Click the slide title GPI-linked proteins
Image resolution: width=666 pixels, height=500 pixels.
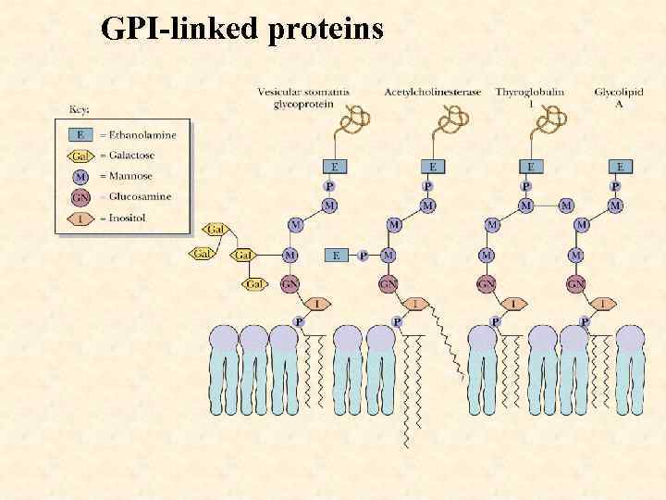point(242,29)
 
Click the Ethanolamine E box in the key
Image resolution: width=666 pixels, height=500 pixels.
point(81,134)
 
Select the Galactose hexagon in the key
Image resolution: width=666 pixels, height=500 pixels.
point(81,155)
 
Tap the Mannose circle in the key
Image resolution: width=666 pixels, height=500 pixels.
point(81,175)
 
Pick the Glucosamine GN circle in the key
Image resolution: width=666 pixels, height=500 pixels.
point(81,196)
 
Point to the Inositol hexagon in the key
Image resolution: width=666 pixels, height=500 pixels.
point(81,218)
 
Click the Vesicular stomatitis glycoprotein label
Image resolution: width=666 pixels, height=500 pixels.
point(302,97)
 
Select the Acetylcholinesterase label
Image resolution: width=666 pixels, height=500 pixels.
point(432,92)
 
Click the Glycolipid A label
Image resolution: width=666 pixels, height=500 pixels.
point(619,97)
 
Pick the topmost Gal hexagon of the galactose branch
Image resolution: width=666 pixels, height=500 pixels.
point(216,229)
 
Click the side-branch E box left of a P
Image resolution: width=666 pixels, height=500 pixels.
point(336,255)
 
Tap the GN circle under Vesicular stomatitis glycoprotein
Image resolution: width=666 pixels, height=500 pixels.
point(290,283)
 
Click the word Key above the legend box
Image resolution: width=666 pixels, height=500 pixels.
point(81,109)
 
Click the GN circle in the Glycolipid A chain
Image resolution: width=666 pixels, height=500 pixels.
point(576,283)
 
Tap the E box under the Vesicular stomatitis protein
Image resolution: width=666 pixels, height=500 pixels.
point(334,167)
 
